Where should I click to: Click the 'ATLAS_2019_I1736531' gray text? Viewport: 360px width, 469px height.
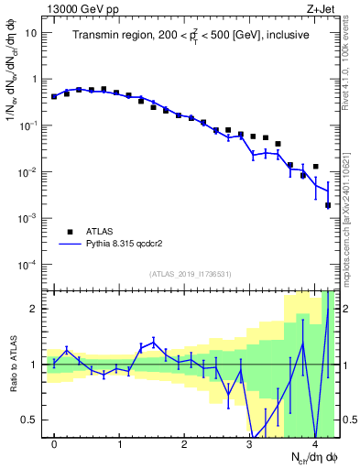click(191, 274)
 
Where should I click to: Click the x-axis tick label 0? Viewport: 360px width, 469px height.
click(54, 444)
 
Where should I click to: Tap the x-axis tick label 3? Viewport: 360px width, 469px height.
click(249, 444)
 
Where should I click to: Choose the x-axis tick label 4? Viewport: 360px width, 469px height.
click(314, 444)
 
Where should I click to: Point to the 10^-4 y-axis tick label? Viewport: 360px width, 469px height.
click(27, 265)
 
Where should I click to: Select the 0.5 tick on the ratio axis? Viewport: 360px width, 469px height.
click(29, 420)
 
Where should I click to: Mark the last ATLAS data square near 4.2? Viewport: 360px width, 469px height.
click(328, 205)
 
